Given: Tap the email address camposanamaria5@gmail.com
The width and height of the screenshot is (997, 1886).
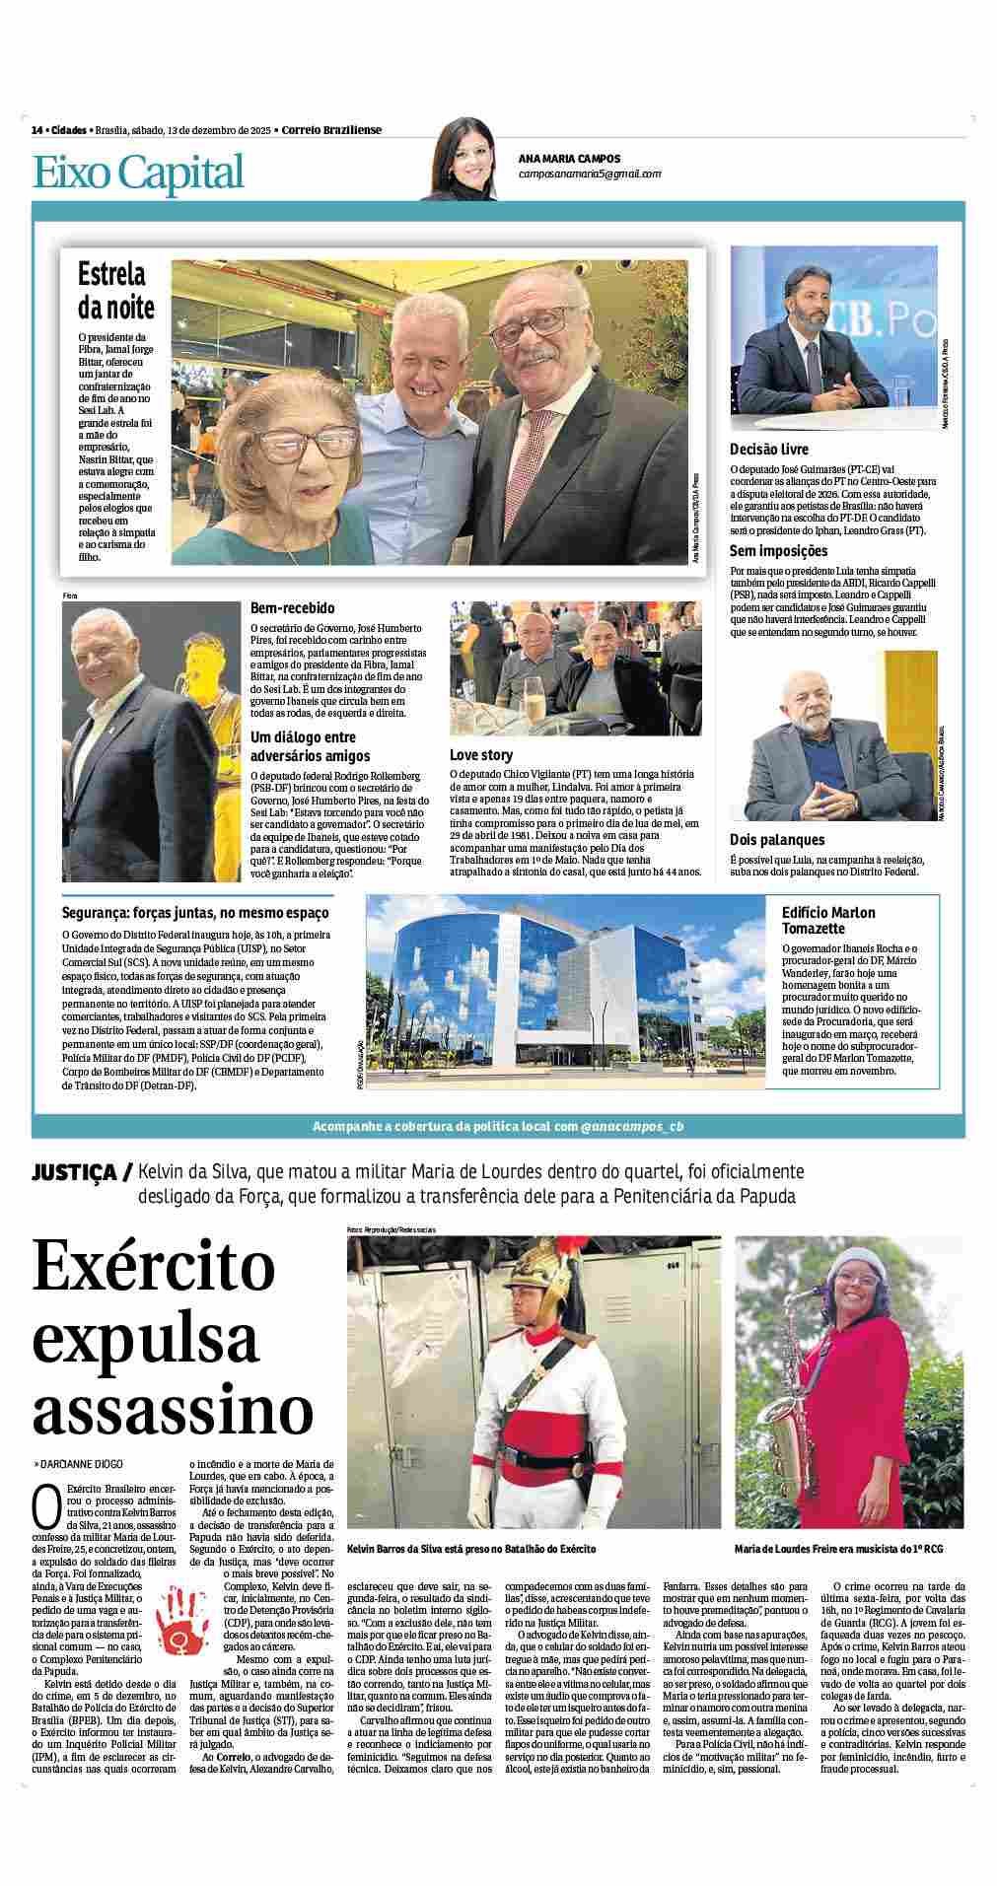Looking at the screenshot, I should tap(590, 174).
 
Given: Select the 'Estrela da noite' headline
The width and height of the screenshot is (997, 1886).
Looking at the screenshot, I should tap(116, 290).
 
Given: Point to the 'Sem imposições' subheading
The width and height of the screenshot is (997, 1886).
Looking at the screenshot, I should tap(778, 551).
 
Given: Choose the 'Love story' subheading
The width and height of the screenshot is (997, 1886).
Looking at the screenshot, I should tap(481, 755).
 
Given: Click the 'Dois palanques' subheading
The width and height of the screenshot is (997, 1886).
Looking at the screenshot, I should tap(776, 840).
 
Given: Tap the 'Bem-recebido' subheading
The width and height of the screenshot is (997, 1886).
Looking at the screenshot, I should tap(292, 608).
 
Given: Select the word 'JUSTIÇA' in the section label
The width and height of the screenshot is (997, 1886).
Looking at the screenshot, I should tap(75, 1173).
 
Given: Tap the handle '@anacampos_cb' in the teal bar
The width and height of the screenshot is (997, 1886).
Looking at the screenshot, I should tap(631, 1126).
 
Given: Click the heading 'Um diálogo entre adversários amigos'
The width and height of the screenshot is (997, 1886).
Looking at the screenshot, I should tap(310, 746).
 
